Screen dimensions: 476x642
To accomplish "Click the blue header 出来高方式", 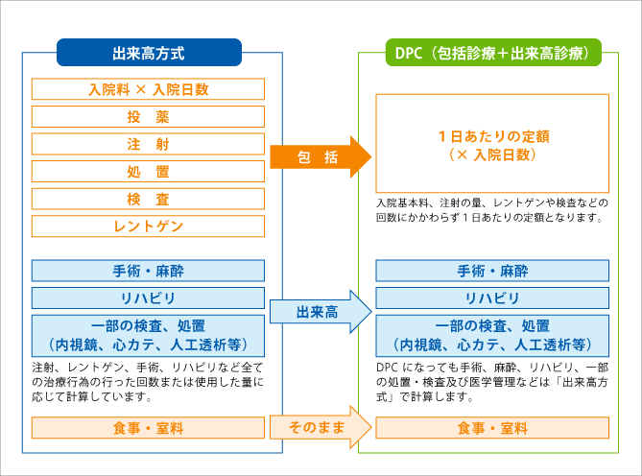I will (148, 52).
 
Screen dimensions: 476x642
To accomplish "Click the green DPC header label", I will (491, 52).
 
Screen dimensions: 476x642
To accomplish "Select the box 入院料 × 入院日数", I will (148, 89).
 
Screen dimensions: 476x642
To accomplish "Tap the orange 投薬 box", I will (148, 117).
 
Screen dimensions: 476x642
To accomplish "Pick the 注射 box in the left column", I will (148, 144).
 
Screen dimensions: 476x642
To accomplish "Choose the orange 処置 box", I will (148, 172).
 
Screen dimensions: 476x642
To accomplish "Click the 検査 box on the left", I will (148, 200).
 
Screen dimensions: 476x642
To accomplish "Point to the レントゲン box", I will (148, 226).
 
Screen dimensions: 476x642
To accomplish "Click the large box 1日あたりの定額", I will (491, 144).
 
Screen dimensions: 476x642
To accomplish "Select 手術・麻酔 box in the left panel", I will (148, 271).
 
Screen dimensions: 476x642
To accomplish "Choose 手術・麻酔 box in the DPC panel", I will (491, 271).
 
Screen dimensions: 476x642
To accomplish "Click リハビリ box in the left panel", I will (148, 297).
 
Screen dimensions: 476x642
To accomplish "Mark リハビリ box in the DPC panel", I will (491, 297).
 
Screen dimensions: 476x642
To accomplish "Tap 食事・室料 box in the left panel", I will (148, 428).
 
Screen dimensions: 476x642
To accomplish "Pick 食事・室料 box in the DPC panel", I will (491, 428).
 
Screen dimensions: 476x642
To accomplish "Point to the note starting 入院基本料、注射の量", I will (491, 210).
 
